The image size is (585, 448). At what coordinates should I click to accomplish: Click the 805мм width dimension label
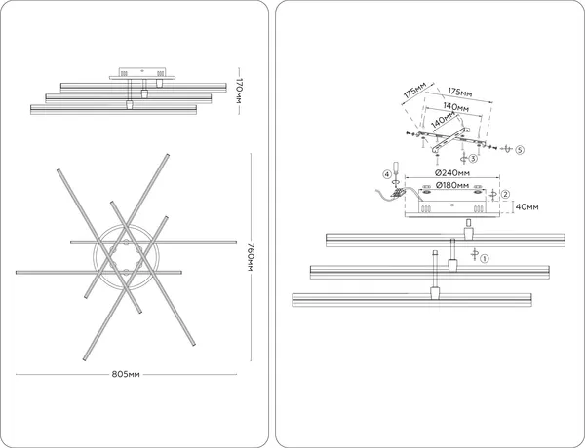pos(126,374)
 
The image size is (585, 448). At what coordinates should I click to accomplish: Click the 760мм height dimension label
pos(251,257)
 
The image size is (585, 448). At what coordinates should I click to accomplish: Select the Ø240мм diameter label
pos(452,173)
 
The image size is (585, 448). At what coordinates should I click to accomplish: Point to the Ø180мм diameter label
pos(452,185)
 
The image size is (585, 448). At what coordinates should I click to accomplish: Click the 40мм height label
pos(526,206)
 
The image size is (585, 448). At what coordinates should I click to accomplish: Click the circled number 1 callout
pos(484,258)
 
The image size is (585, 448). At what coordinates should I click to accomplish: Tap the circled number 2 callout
pos(505,194)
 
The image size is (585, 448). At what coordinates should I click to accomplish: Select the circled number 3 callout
pos(473,159)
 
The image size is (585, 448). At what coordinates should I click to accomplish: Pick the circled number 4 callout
pos(387,174)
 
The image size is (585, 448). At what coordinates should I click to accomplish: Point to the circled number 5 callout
pos(520,150)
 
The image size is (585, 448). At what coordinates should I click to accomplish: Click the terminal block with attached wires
pos(398,193)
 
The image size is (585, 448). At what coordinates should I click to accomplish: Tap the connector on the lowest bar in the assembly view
pos(435,293)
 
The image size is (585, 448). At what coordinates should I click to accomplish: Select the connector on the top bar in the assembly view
pos(468,234)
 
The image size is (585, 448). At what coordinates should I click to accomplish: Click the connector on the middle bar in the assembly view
pos(452,265)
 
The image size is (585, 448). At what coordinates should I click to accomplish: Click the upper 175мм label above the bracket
pos(459,93)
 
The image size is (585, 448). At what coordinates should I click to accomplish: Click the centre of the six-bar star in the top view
pos(126,257)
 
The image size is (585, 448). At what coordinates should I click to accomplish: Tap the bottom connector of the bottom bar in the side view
pos(130,105)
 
